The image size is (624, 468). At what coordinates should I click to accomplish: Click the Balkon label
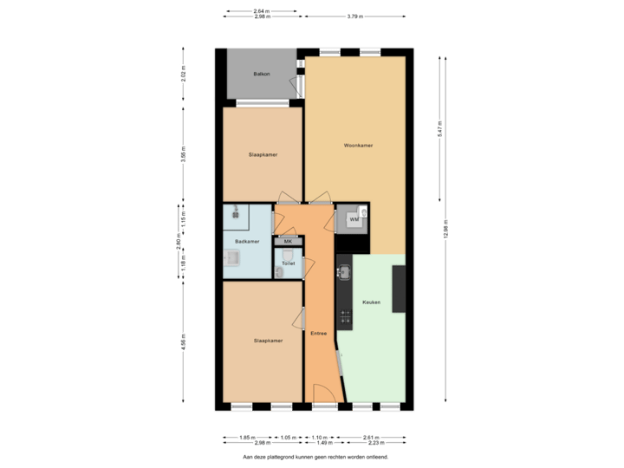click(262, 74)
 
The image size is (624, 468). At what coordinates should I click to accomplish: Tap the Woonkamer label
click(358, 146)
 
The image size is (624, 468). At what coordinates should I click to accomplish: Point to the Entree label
click(318, 333)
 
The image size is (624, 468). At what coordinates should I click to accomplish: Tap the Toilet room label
click(288, 262)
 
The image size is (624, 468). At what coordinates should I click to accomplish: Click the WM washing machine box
click(354, 219)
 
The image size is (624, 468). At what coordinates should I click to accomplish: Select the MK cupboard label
click(288, 241)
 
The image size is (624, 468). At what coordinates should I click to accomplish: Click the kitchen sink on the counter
click(343, 273)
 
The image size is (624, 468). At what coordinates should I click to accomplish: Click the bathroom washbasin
click(232, 257)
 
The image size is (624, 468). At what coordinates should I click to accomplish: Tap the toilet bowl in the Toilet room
click(280, 272)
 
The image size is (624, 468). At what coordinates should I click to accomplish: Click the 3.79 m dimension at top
click(354, 16)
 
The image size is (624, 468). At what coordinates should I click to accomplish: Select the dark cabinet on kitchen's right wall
click(399, 289)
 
